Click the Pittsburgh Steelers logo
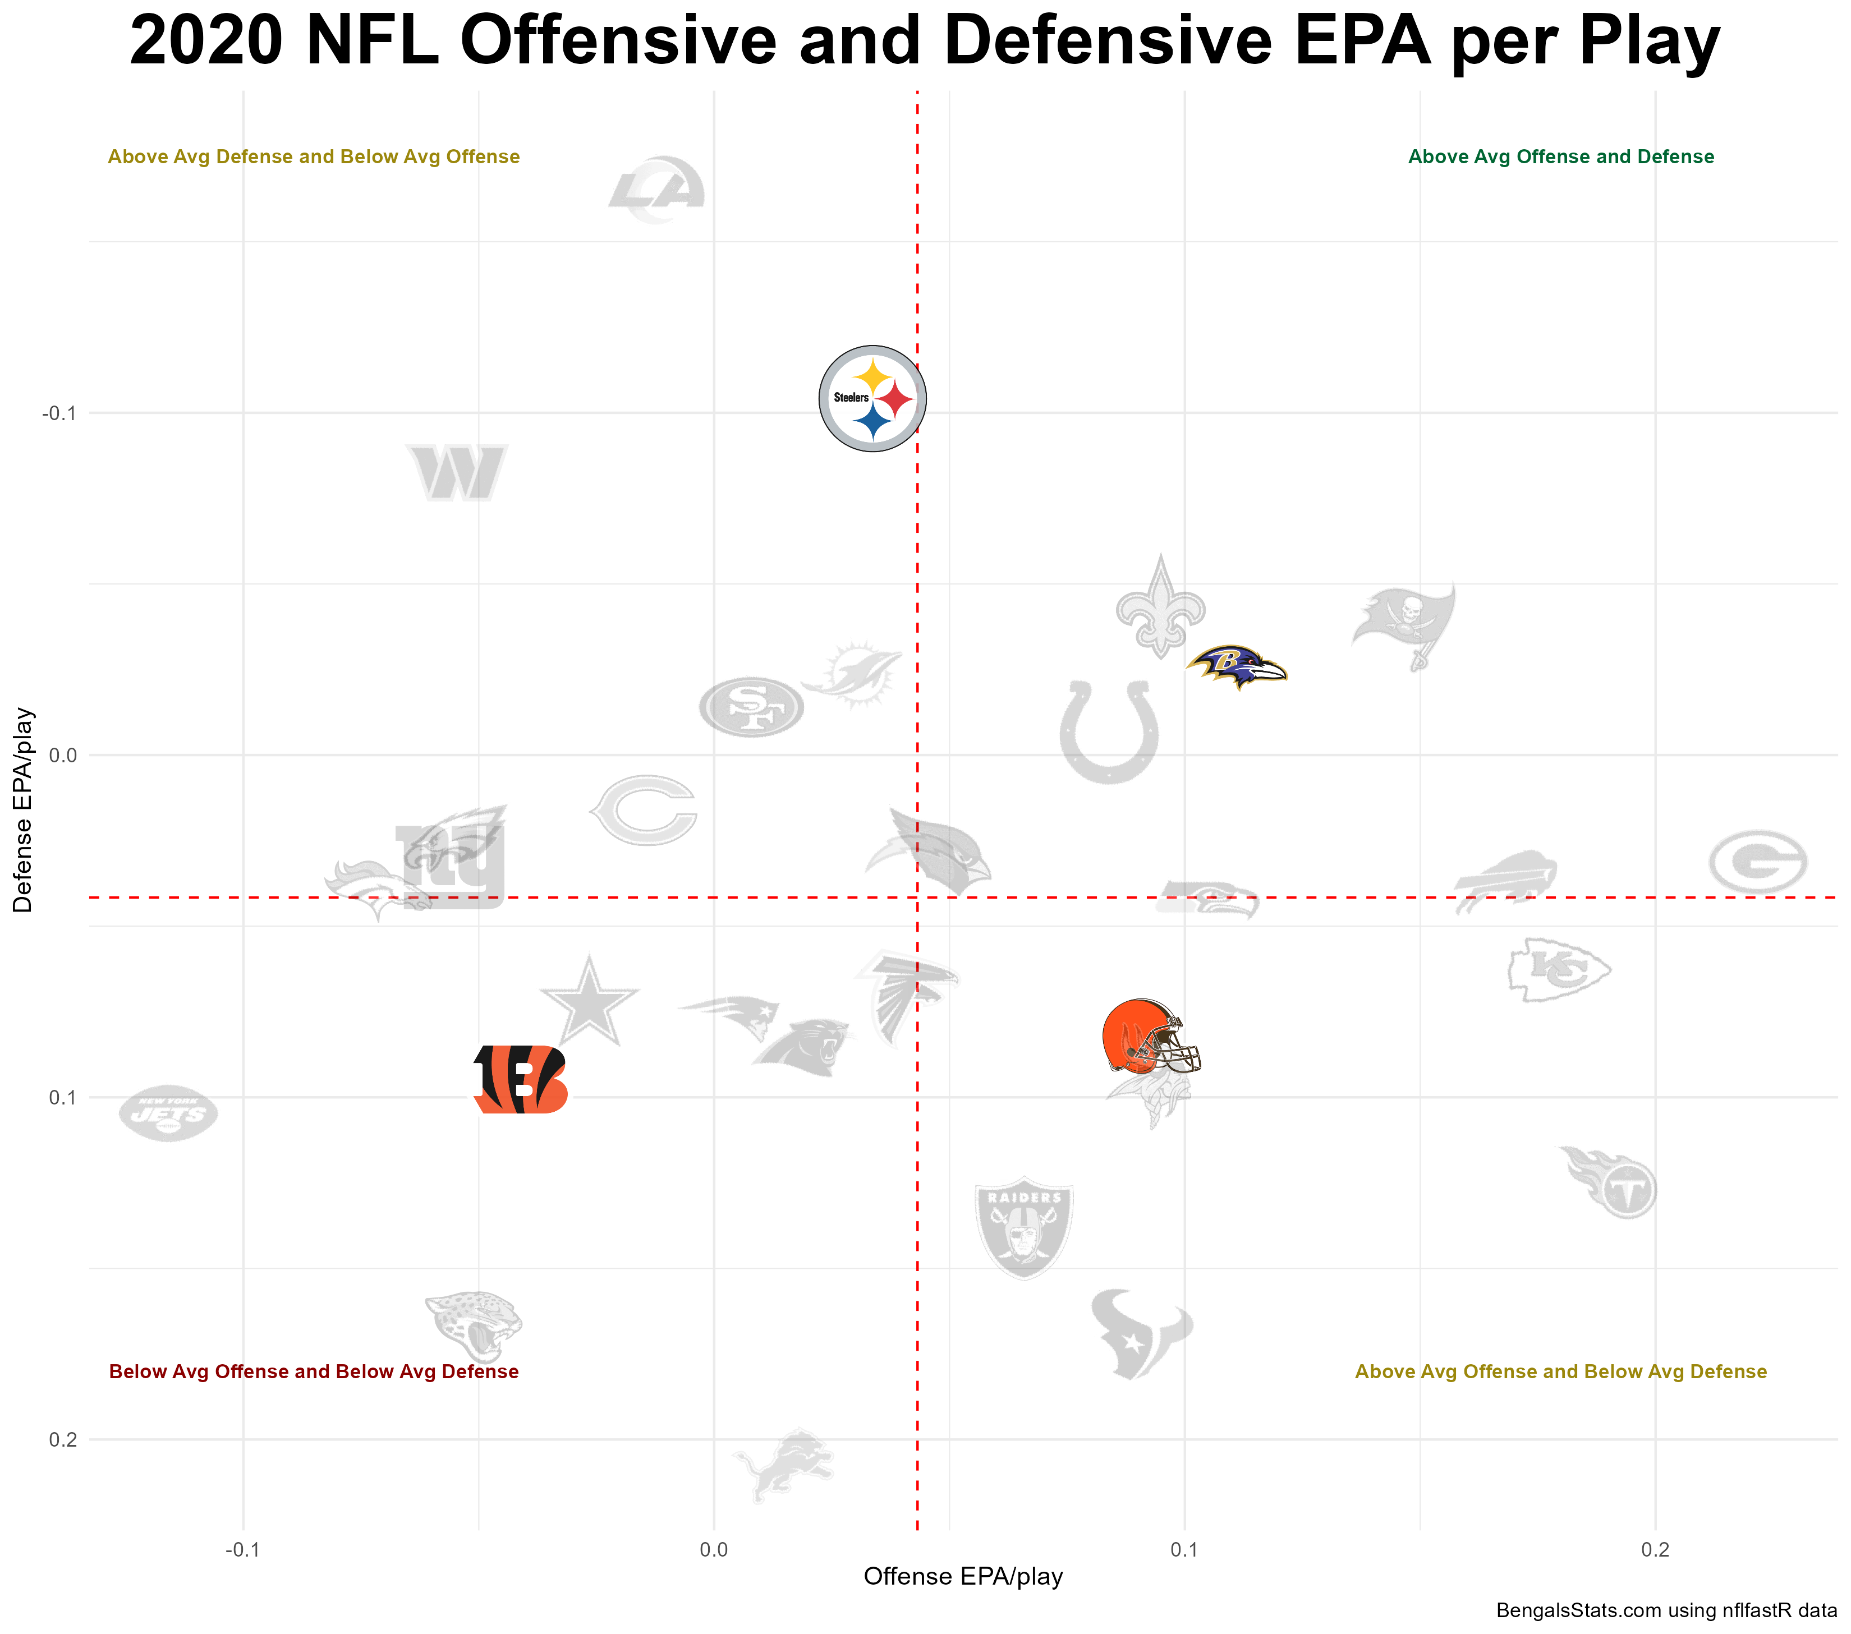pyautogui.click(x=872, y=398)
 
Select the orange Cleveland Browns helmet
pyautogui.click(x=1149, y=1037)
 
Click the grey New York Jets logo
pyautogui.click(x=168, y=1113)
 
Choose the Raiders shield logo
pyautogui.click(x=1023, y=1227)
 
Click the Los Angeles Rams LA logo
pyautogui.click(x=656, y=190)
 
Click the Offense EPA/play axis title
pyautogui.click(x=963, y=1577)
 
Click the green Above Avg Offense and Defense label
pyautogui.click(x=1560, y=157)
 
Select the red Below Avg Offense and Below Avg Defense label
pyautogui.click(x=313, y=1371)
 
